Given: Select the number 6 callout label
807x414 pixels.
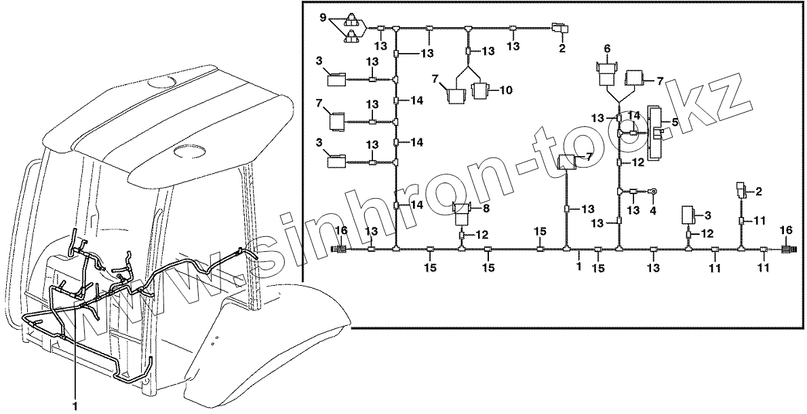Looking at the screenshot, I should click(607, 48).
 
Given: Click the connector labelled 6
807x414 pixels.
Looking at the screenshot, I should click(607, 72).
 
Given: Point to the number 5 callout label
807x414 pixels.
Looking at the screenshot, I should click(675, 123).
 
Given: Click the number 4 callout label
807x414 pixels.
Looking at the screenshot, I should click(653, 210).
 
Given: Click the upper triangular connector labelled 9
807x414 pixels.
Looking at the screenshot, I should click(353, 19).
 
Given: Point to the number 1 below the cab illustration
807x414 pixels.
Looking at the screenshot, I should click(75, 405).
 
